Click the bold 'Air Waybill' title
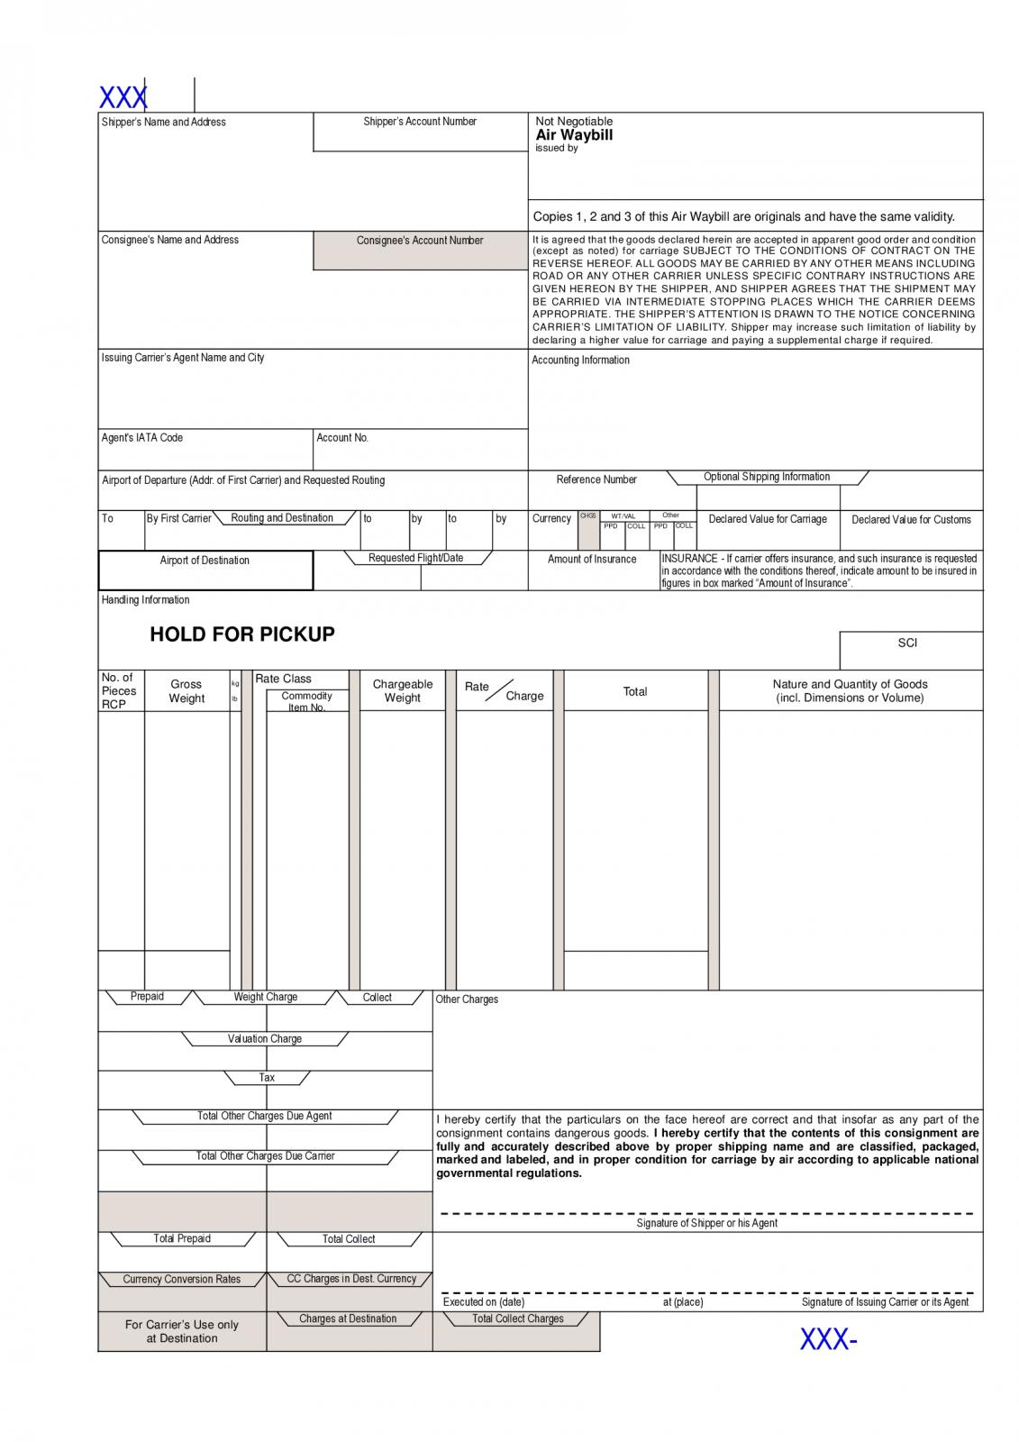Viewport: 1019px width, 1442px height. click(574, 135)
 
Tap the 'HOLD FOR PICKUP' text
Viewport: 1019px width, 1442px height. click(241, 634)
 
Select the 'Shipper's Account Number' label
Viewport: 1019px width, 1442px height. click(420, 122)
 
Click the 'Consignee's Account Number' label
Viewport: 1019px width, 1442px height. click(420, 241)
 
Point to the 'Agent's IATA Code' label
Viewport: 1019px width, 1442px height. click(142, 438)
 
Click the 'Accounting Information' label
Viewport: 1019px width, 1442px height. click(580, 360)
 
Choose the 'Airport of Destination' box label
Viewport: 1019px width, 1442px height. click(205, 561)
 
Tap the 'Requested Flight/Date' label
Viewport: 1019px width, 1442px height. click(415, 559)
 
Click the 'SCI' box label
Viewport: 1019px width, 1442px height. click(907, 643)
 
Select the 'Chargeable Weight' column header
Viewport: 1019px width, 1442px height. click(403, 691)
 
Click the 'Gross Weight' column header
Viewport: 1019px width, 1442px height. click(187, 691)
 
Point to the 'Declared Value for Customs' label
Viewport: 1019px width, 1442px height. click(911, 520)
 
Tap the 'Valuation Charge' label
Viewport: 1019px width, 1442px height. click(265, 1039)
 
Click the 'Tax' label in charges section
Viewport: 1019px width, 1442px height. click(267, 1078)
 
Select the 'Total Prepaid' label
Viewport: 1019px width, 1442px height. click(182, 1239)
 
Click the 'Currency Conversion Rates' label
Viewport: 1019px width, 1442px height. click(182, 1280)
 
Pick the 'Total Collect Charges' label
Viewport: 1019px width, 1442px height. click(518, 1319)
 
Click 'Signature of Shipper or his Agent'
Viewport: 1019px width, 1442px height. click(706, 1224)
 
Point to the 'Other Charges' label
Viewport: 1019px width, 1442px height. click(467, 999)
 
